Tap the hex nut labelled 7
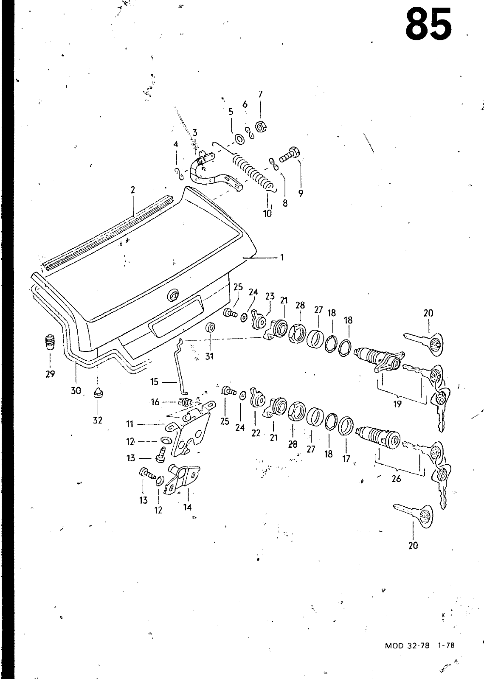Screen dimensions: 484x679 click(261, 126)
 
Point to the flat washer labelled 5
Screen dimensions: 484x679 click(240, 140)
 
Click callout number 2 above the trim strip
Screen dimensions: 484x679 click(132, 190)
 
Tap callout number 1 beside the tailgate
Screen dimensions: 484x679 click(282, 257)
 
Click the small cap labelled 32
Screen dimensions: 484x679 click(98, 393)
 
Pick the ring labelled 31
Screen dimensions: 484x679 click(210, 327)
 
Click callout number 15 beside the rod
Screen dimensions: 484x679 click(155, 382)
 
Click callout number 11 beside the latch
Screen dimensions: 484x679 click(130, 424)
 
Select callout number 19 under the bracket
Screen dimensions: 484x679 click(397, 404)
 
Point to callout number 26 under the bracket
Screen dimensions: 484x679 click(397, 479)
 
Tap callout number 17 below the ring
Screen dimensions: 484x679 click(346, 459)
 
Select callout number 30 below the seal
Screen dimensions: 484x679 click(76, 391)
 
